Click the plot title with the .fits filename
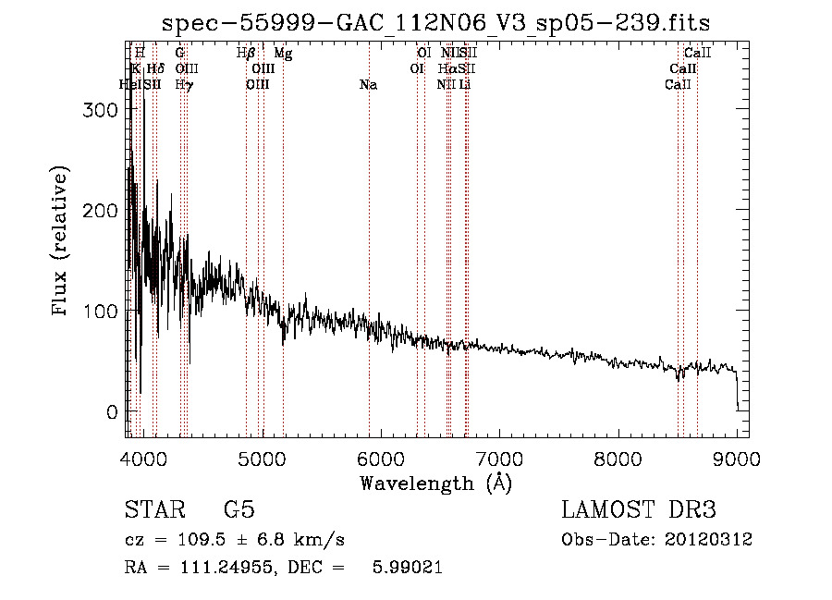coord(435,23)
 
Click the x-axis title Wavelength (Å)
coord(435,483)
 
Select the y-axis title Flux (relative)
coord(62,242)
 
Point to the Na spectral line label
coord(368,85)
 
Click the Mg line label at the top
coord(283,54)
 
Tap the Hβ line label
coord(246,54)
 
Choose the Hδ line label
coord(155,69)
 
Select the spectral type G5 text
coord(239,510)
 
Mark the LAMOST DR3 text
coord(639,510)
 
